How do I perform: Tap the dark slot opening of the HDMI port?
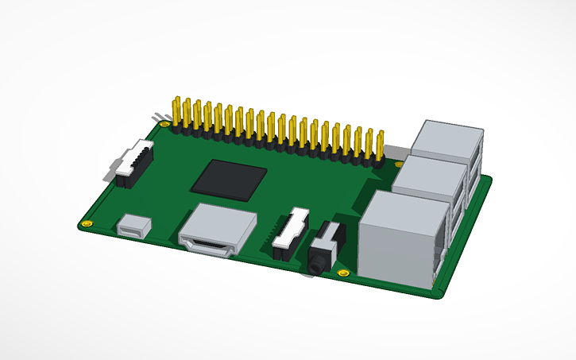coord(211,249)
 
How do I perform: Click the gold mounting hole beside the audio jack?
coord(343,273)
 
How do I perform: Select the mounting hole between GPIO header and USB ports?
coord(395,161)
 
